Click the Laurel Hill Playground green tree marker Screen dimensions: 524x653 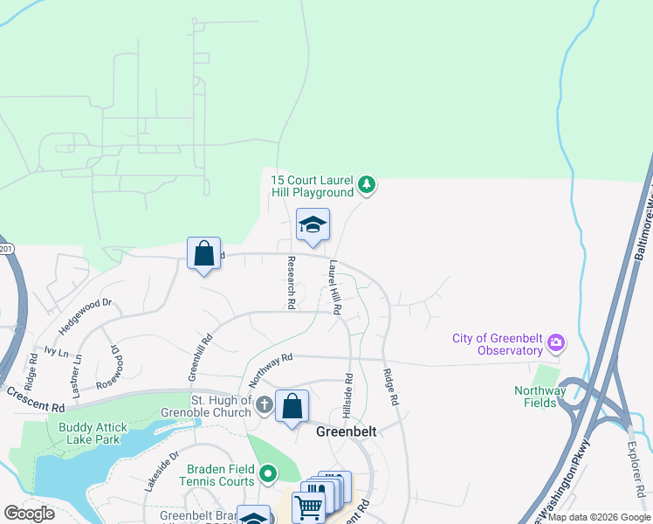click(368, 185)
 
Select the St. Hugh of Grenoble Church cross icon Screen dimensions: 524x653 click(265, 406)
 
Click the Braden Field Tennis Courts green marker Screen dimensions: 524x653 click(268, 474)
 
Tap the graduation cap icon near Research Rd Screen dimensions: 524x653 click(313, 226)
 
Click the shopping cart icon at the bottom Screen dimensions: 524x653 click(307, 507)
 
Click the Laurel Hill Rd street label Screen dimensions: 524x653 click(333, 287)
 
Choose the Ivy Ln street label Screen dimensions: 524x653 click(56, 352)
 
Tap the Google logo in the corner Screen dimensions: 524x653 click(29, 513)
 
